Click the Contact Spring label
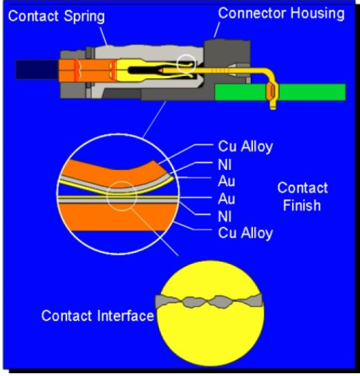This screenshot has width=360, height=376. tap(57, 17)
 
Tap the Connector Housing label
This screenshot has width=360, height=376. tap(281, 14)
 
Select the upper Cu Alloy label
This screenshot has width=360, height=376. tap(245, 147)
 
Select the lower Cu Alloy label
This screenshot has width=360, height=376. tap(245, 233)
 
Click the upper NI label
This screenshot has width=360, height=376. tap(225, 165)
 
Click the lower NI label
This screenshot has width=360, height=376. tap(225, 216)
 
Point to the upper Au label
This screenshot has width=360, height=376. tap(227, 181)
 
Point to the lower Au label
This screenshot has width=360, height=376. tap(227, 199)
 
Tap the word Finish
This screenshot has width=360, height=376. tap(302, 205)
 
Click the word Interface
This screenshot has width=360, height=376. tap(126, 316)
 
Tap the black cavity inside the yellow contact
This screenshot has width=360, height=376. tap(144, 70)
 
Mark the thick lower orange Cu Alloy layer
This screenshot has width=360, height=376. tap(117, 217)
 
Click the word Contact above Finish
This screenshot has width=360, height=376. tap(303, 188)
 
